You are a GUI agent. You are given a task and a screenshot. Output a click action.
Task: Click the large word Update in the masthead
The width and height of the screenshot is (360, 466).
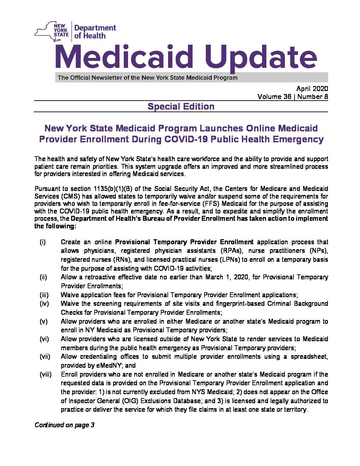pos(261,58)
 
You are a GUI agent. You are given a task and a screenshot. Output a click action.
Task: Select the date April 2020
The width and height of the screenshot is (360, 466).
pos(312,88)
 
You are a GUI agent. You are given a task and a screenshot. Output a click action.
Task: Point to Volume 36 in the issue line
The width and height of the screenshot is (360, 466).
pos(275,97)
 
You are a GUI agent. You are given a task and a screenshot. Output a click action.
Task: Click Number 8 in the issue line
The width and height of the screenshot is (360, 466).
pos(313,97)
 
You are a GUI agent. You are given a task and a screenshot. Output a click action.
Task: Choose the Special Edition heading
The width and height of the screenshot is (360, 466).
pos(181,107)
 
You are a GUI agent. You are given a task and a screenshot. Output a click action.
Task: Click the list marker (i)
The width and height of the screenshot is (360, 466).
pos(43,242)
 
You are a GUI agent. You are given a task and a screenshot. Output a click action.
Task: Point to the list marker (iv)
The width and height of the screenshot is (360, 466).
pos(44,304)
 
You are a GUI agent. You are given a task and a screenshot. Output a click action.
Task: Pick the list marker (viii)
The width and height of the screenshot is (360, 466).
pos(46,375)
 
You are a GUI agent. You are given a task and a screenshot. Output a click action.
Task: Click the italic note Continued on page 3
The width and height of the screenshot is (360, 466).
pos(65,425)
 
